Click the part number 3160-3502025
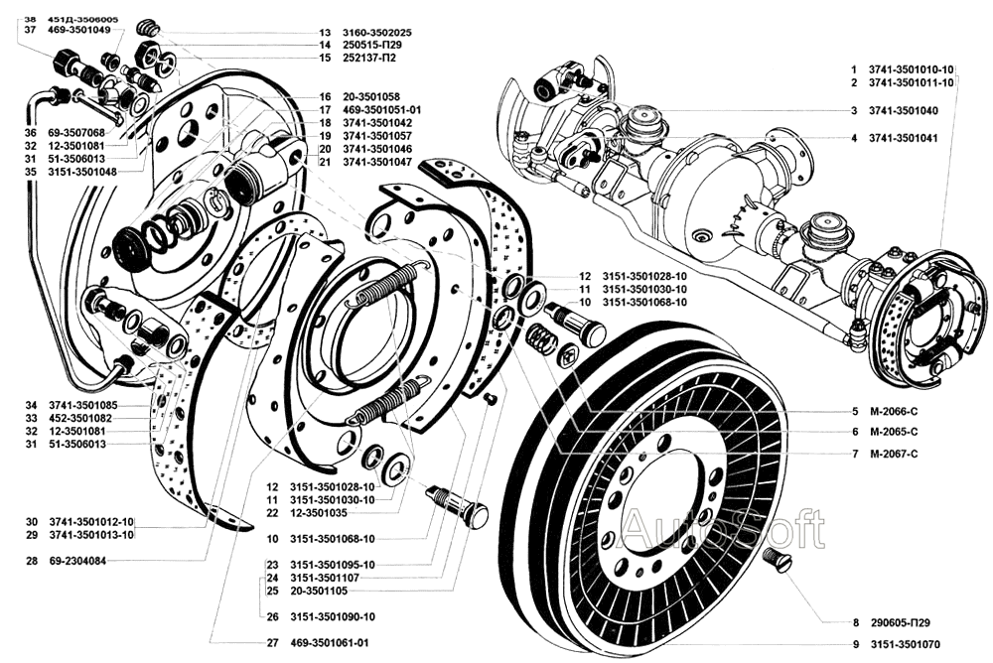pyautogui.click(x=377, y=32)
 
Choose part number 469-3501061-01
pyautogui.click(x=330, y=643)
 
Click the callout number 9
pyautogui.click(x=854, y=643)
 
